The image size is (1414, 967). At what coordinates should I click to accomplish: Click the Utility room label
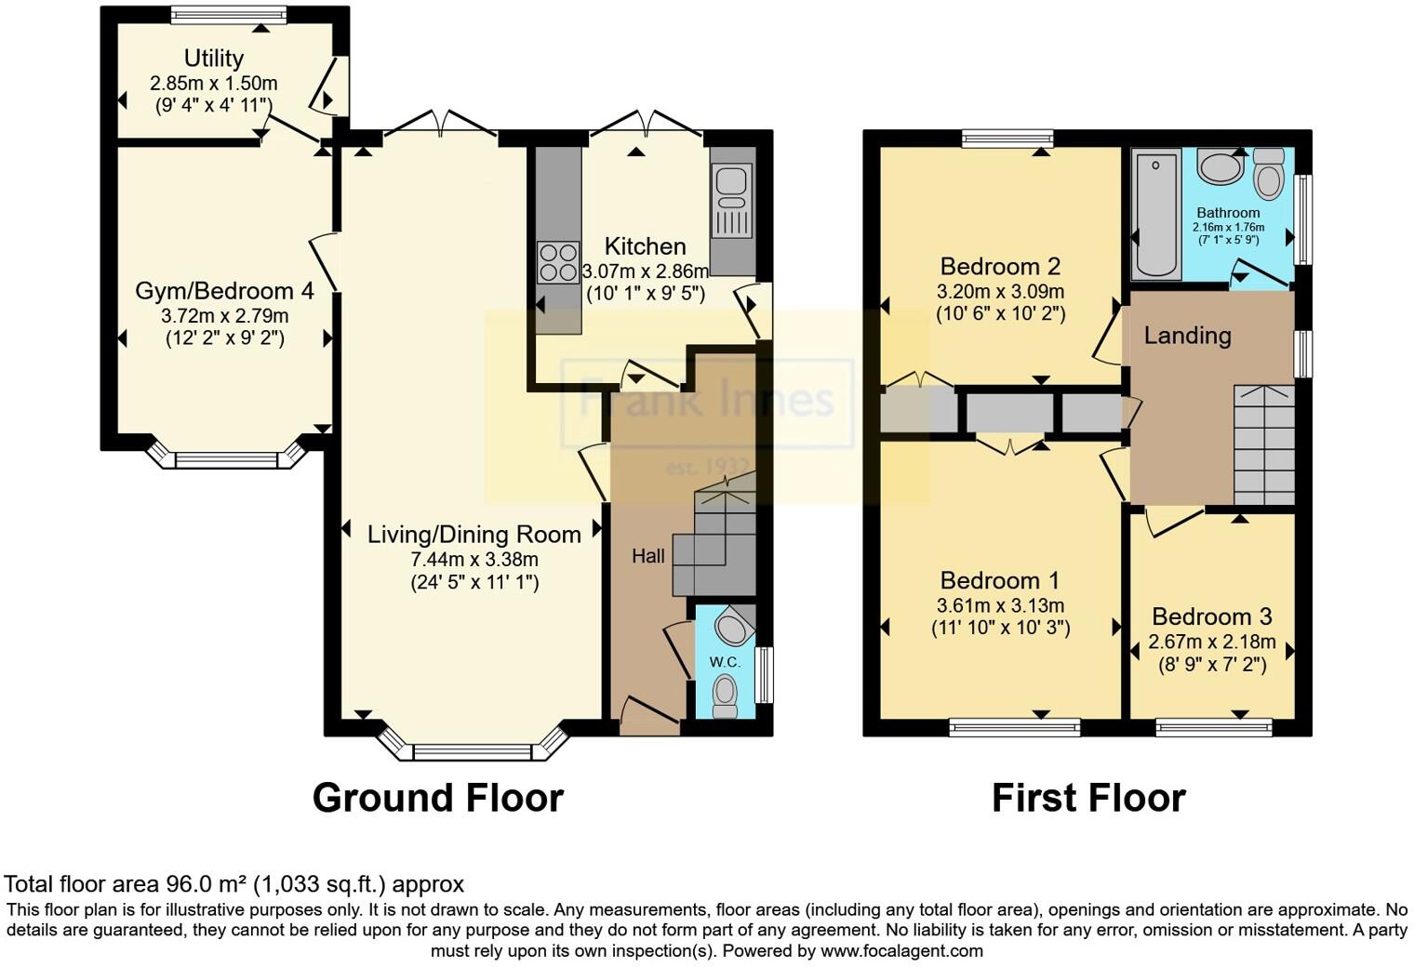(x=214, y=59)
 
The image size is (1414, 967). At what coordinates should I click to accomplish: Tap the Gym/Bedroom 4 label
(x=224, y=291)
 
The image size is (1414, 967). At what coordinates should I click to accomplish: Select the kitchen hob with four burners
(x=558, y=261)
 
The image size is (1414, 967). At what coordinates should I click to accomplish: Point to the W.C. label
(x=725, y=662)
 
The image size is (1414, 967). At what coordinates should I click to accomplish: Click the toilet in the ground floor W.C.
(x=724, y=695)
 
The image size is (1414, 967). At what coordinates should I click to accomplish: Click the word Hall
(x=648, y=556)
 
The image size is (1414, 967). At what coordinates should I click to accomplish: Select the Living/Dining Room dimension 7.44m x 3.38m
(x=474, y=560)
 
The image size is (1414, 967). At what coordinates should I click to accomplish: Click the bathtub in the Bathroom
(x=1156, y=216)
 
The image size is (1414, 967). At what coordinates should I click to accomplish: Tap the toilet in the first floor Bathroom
(x=1268, y=174)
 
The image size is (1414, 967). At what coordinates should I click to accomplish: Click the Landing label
(x=1187, y=336)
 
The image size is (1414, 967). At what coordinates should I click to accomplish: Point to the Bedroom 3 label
(x=1211, y=616)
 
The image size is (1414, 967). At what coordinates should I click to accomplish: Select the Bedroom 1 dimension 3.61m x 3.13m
(x=1001, y=605)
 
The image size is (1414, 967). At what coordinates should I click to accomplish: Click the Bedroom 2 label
(x=1000, y=267)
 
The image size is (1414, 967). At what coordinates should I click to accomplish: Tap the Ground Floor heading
(x=437, y=798)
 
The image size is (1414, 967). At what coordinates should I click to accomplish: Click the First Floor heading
(x=1088, y=798)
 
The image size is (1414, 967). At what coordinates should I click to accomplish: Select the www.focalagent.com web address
(x=901, y=951)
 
